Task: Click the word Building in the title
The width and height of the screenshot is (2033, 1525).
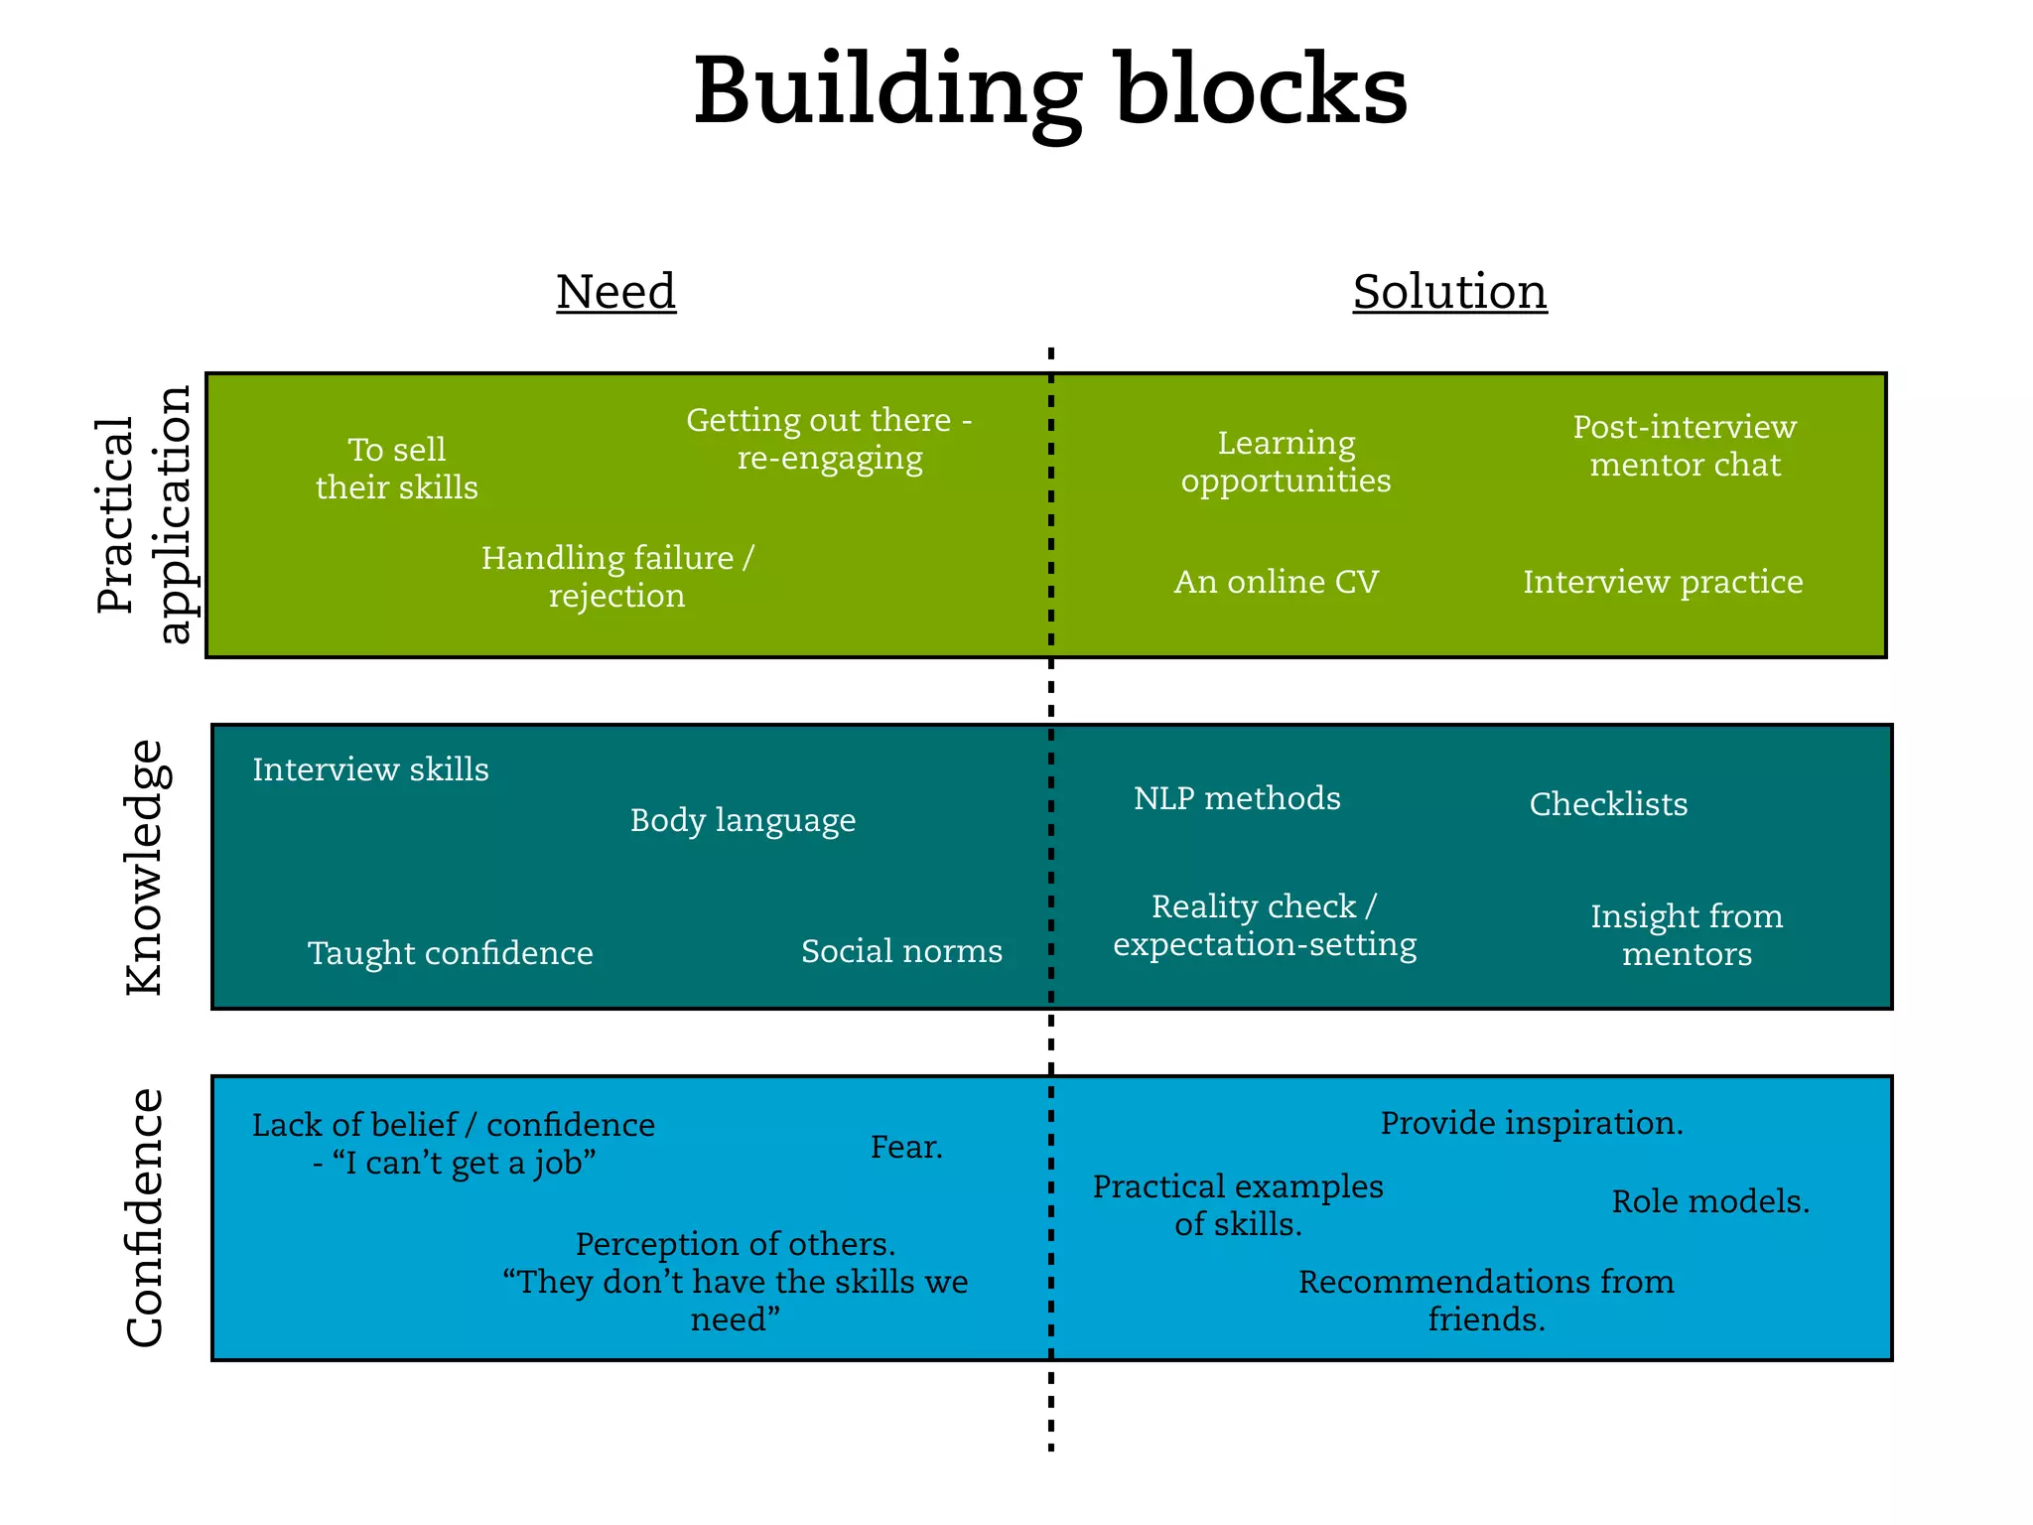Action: [886, 91]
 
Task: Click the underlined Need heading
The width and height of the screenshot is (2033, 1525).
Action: [615, 292]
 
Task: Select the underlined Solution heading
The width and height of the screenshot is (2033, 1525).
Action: [1449, 292]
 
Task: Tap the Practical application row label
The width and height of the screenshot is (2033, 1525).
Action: [145, 514]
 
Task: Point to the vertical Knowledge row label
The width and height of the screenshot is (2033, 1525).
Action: [146, 867]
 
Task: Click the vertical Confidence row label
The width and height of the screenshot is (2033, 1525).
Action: [146, 1217]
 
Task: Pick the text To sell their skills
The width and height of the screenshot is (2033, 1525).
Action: [396, 469]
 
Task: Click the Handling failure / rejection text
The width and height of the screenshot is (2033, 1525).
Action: [616, 577]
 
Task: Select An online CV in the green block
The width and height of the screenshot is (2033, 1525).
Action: [1276, 582]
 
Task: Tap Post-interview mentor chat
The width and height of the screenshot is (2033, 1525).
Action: [1685, 446]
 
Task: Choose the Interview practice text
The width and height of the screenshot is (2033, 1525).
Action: [1663, 582]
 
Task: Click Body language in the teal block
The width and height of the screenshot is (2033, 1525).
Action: [743, 821]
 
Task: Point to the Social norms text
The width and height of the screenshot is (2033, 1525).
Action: [901, 951]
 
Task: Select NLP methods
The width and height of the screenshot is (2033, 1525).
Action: [1237, 798]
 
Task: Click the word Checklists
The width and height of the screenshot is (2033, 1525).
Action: [1608, 804]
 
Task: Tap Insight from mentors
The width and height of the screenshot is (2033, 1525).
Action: [1686, 934]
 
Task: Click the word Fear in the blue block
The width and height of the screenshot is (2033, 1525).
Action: [905, 1147]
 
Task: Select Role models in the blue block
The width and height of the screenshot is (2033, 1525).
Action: [1709, 1201]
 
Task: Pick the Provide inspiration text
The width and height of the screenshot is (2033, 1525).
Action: [1531, 1123]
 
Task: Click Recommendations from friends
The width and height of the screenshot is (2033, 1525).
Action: [1486, 1300]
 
